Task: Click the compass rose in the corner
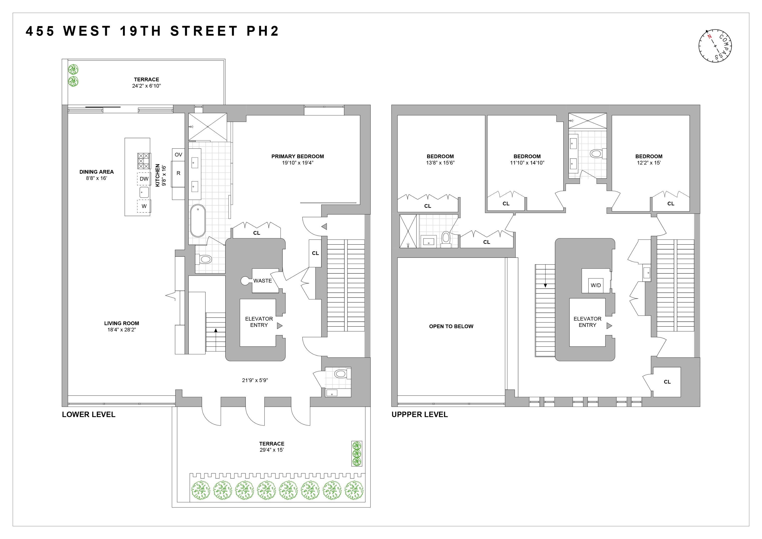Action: pyautogui.click(x=715, y=46)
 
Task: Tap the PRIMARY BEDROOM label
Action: pyautogui.click(x=297, y=156)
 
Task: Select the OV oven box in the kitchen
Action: pyautogui.click(x=178, y=155)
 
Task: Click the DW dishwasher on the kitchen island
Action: pyautogui.click(x=144, y=179)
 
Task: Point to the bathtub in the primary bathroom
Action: pyautogui.click(x=198, y=221)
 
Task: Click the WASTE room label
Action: pyautogui.click(x=262, y=281)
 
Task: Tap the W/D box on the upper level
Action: pyautogui.click(x=596, y=285)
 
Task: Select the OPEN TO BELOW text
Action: pyautogui.click(x=451, y=326)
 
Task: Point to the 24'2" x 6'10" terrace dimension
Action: pyautogui.click(x=146, y=86)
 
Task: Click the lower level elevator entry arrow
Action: pyautogui.click(x=280, y=326)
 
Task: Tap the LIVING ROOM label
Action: pyautogui.click(x=122, y=323)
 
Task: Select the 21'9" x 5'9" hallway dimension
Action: pyautogui.click(x=255, y=380)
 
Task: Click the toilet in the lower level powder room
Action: pyautogui.click(x=340, y=374)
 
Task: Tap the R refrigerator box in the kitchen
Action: pyautogui.click(x=178, y=173)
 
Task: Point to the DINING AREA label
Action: pyautogui.click(x=96, y=172)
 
